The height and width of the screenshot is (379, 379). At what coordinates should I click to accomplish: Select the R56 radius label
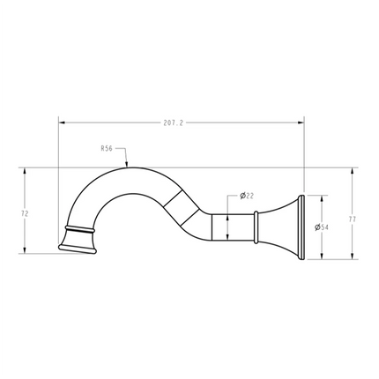106,150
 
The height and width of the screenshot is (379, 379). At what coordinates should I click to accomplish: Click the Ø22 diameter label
247,196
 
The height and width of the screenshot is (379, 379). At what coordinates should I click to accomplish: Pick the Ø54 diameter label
322,227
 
